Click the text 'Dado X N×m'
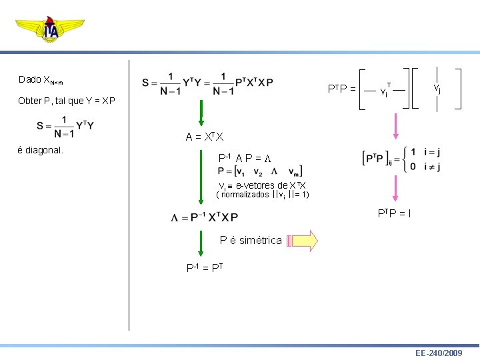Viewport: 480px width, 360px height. [x=41, y=80]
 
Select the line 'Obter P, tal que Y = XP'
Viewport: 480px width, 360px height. [x=67, y=101]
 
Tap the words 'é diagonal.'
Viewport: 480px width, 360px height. [x=41, y=150]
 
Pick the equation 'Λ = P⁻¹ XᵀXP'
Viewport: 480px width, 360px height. [x=204, y=217]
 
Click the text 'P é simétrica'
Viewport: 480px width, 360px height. [x=251, y=241]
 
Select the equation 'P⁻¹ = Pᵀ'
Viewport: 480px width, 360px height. [x=204, y=268]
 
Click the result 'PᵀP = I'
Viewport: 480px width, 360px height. [x=394, y=214]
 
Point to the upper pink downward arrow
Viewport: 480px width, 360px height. [x=395, y=127]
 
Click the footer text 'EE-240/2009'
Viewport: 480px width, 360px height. [x=438, y=352]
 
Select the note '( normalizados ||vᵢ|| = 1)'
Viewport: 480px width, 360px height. [x=263, y=195]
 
